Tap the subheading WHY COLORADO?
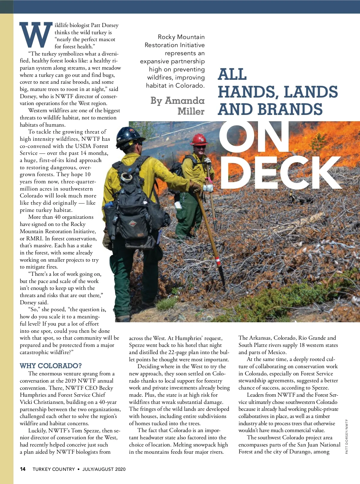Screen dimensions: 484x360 click(51, 366)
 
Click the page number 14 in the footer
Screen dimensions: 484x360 click(23, 469)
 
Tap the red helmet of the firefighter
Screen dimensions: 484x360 click(199, 139)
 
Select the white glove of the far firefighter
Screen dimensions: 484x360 click(208, 188)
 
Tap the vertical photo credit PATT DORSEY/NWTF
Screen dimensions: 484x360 click(346, 436)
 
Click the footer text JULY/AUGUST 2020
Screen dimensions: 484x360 click(104, 469)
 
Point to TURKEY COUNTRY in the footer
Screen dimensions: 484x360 click(54, 469)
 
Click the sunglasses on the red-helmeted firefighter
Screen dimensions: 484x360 click(200, 146)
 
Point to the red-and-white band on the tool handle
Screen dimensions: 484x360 click(218, 261)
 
